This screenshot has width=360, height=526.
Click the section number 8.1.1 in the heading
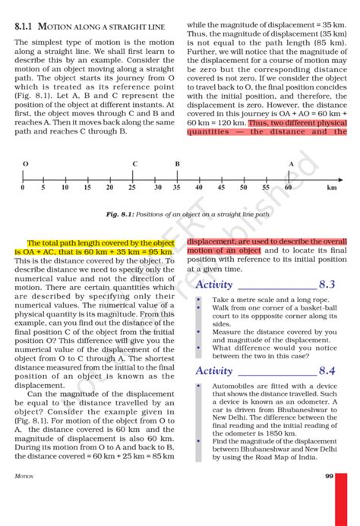(27, 27)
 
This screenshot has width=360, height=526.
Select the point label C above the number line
(134, 164)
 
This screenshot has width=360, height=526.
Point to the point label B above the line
(178, 164)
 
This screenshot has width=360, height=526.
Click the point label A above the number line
(291, 164)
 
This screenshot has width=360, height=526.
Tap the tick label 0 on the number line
(23, 187)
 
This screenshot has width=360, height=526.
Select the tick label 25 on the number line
(132, 187)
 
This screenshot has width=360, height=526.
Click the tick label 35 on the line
(177, 187)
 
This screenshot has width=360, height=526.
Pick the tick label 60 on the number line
(289, 187)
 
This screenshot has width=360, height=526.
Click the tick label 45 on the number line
(222, 187)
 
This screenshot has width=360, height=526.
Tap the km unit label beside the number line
(332, 187)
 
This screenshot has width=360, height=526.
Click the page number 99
(329, 476)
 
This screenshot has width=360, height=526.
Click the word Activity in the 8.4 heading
(214, 370)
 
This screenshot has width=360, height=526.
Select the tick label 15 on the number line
(87, 187)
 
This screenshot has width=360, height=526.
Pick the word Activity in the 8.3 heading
(214, 285)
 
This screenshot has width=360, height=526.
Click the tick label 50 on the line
(244, 187)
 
